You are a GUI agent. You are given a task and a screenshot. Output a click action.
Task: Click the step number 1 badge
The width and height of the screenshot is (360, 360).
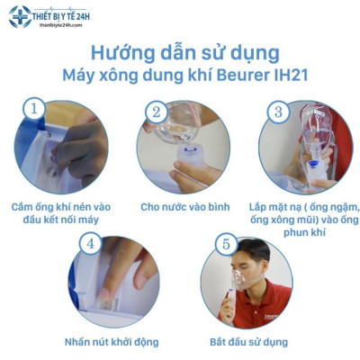pyautogui.click(x=33, y=110)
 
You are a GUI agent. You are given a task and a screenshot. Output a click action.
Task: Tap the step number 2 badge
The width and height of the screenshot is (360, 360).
pyautogui.click(x=156, y=112)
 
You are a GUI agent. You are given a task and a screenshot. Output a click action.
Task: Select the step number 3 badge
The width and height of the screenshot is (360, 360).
pyautogui.click(x=279, y=112)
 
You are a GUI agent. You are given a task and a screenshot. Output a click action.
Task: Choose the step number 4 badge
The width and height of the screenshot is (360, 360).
pyautogui.click(x=89, y=243)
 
